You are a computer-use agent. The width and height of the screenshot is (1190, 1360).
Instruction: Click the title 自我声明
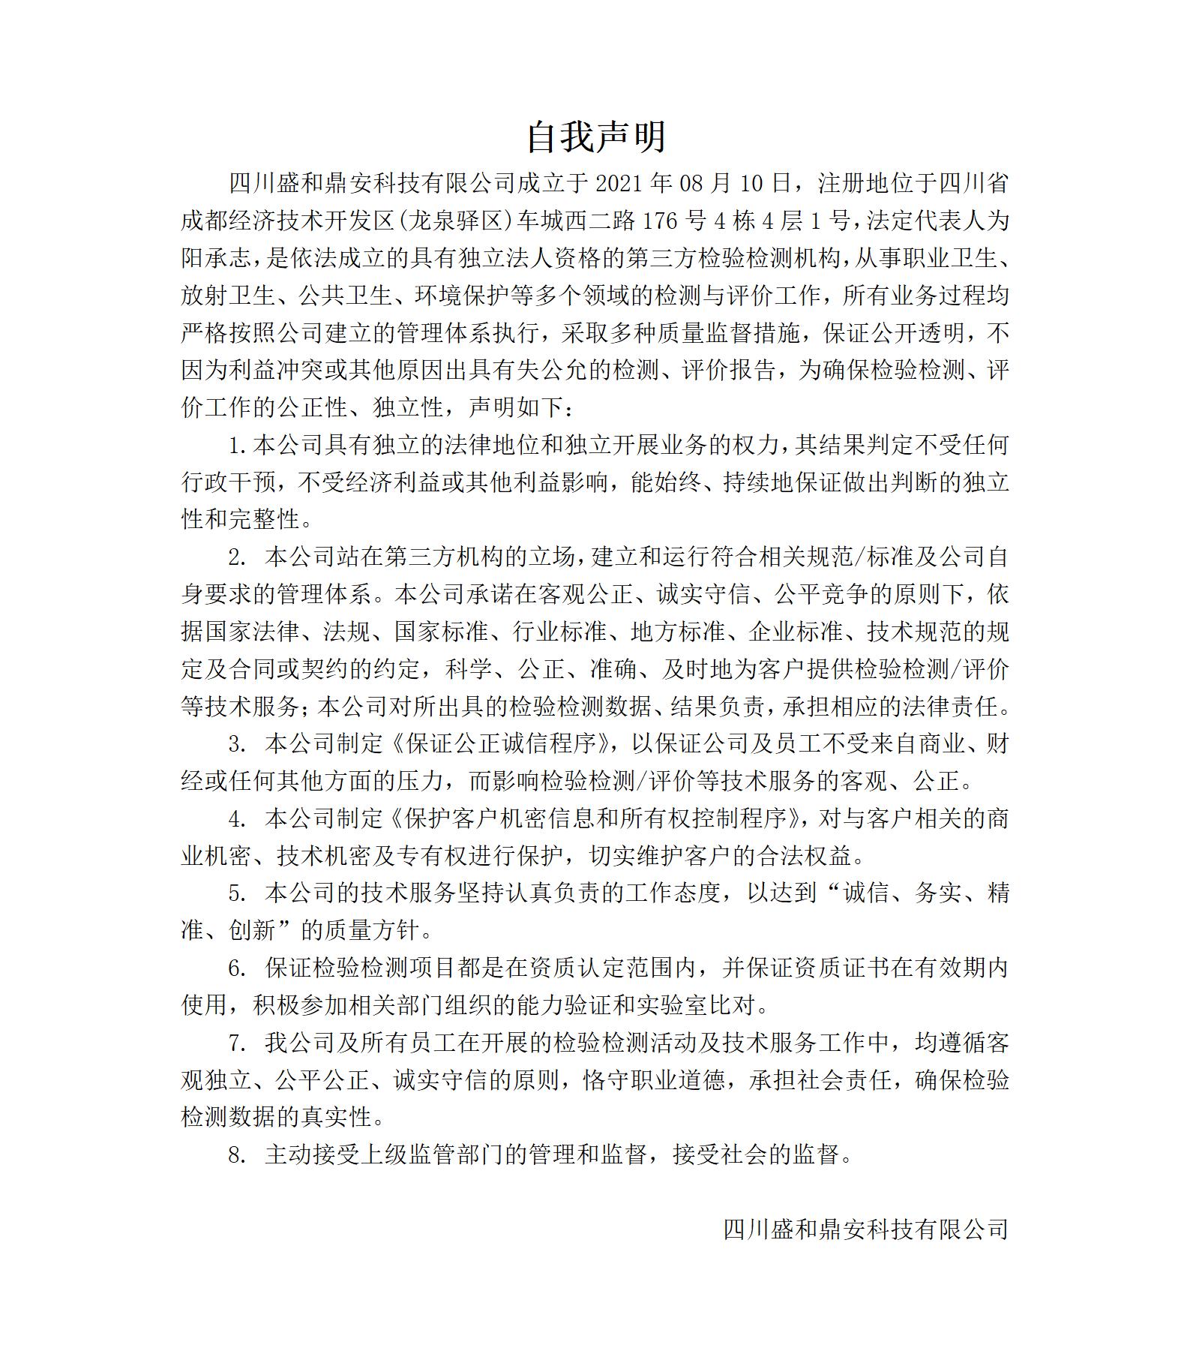coord(595,137)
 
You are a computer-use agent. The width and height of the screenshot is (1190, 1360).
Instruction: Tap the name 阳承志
coord(217,258)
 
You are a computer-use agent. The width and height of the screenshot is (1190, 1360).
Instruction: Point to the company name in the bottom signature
coord(865,1229)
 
